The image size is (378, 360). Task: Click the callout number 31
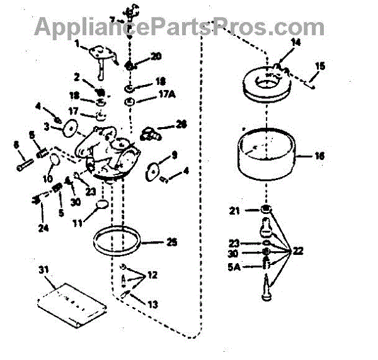pyautogui.click(x=43, y=270)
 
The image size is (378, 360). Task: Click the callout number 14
pyautogui.click(x=297, y=43)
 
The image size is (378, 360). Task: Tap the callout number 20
pyautogui.click(x=156, y=56)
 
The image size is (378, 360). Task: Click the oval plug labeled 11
pyautogui.click(x=101, y=206)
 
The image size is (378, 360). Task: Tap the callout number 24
pyautogui.click(x=43, y=228)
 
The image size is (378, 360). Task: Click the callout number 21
pyautogui.click(x=234, y=210)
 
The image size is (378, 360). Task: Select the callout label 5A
pyautogui.click(x=234, y=266)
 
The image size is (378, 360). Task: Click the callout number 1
pyautogui.click(x=78, y=44)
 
